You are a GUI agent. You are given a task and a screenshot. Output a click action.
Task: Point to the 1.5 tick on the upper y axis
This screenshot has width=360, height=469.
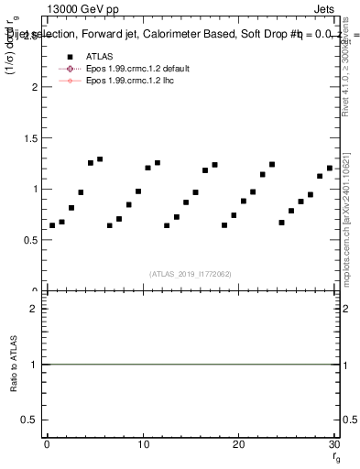(x=34, y=138)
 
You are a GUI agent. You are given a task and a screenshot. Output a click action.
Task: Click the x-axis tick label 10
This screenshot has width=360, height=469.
(x=142, y=444)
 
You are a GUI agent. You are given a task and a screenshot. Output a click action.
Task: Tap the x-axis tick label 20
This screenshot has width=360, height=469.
(x=238, y=444)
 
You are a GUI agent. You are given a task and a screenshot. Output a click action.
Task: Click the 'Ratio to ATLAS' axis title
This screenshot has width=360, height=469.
(x=14, y=365)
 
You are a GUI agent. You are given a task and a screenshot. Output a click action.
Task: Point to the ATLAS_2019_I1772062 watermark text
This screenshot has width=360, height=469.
(x=190, y=273)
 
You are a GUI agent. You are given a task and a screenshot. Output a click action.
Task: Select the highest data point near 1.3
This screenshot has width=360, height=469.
(x=100, y=158)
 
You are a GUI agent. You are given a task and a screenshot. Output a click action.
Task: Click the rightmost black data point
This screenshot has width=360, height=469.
(x=330, y=168)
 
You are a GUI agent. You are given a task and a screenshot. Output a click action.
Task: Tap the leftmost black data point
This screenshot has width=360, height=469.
(x=52, y=225)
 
